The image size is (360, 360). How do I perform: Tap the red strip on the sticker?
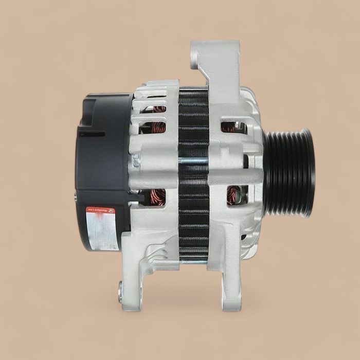click(x=101, y=210)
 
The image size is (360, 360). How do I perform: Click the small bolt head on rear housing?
click(x=136, y=161)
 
